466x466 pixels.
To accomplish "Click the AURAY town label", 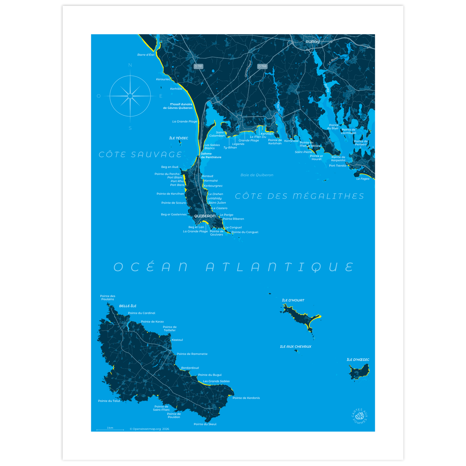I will point(312,42).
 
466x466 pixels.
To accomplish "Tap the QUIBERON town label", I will point(205,216).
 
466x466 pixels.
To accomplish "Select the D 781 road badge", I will point(198,66).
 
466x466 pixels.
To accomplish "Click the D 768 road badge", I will point(262,66).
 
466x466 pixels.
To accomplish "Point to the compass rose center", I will point(130,96).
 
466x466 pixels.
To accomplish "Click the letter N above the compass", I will point(130,65).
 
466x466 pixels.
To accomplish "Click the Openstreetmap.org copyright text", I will point(149,429).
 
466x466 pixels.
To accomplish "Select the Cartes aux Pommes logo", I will point(360,416).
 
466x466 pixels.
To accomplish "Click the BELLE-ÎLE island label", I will point(128,306).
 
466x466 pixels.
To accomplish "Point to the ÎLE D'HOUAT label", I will point(293,300).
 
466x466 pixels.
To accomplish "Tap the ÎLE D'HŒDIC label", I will point(358,360).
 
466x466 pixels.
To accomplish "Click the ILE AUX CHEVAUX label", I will point(296,347).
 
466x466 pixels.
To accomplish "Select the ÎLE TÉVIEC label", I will point(179,138).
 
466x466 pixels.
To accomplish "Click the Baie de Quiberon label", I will point(257,175).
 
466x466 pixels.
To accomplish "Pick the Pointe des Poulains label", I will point(108,297).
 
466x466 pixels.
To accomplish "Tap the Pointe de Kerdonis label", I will point(246,398).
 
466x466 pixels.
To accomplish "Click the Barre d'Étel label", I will point(146,55).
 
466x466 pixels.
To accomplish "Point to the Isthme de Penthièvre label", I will point(211,155).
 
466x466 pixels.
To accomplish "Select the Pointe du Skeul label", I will point(205,424).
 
